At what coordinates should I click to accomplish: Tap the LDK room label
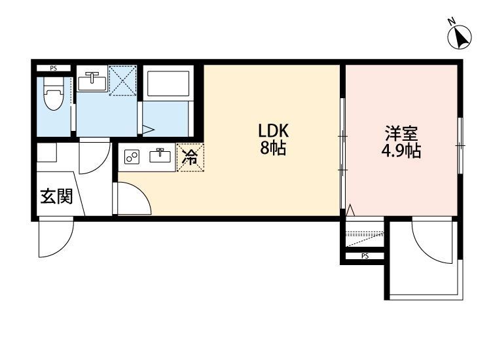coord(273,131)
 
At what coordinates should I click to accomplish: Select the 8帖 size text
coord(273,149)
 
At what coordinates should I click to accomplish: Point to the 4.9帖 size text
coord(401,152)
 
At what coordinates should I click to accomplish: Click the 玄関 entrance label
coord(56,196)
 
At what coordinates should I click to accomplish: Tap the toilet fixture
coord(53,99)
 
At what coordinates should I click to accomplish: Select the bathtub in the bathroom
coord(168,83)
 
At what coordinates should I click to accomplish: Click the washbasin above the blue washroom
coord(92,82)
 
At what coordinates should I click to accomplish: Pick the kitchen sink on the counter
coord(159,156)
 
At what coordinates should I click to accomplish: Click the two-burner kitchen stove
coord(133,157)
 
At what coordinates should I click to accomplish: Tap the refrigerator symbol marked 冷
coord(190,156)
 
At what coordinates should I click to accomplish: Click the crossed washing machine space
coord(122,81)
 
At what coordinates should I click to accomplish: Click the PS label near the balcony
coord(365,256)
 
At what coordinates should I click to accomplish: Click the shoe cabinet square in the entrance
coord(46,153)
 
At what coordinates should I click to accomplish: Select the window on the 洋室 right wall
coord(461,140)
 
